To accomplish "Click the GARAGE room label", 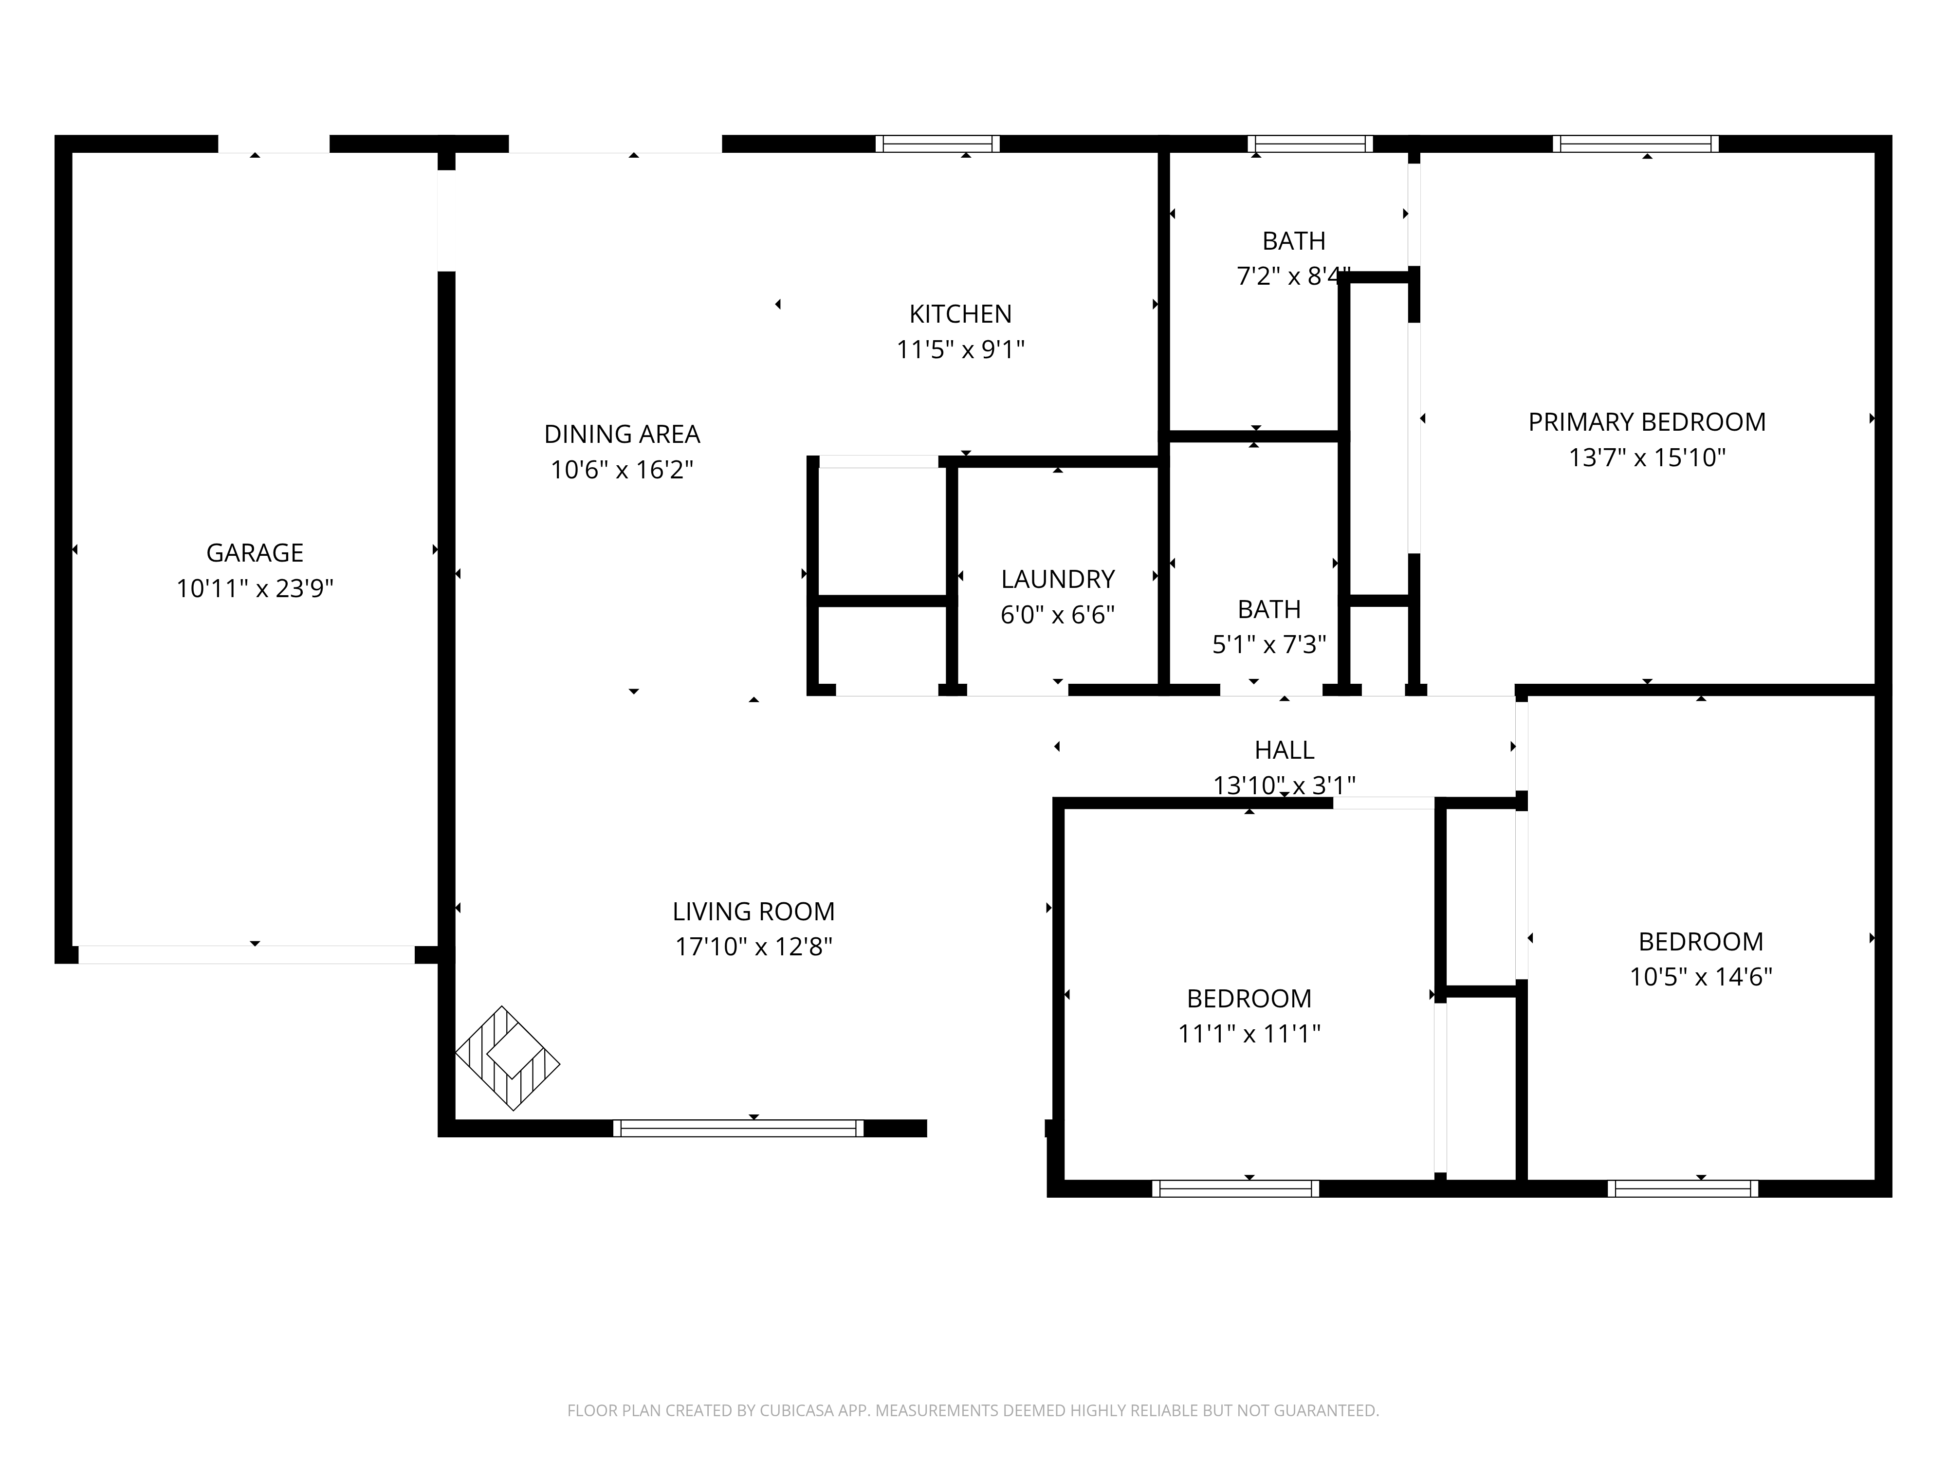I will (255, 553).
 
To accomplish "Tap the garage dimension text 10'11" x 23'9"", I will (255, 588).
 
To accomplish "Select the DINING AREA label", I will (622, 434).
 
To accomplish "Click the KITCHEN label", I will (960, 314).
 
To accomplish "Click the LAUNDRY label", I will (1057, 579).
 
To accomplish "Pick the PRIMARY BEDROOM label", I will (1646, 422).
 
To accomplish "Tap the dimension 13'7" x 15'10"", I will (1646, 457).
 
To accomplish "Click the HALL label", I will (1284, 750).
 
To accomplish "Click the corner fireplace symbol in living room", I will (507, 1058).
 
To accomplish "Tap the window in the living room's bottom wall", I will (737, 1128).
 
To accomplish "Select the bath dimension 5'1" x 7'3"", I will (1268, 645).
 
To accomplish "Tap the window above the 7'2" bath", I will (1310, 144).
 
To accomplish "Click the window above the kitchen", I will (937, 144).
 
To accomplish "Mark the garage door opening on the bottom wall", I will (246, 955).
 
